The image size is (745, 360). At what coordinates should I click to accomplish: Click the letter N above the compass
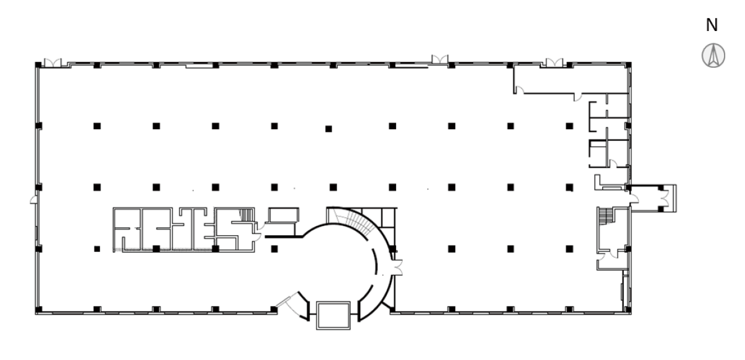711,25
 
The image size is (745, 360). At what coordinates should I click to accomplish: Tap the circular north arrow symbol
713,55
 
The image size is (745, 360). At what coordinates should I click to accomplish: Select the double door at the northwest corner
53,63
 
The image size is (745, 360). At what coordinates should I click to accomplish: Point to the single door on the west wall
34,199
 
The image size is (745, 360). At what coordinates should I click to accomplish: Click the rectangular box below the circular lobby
333,315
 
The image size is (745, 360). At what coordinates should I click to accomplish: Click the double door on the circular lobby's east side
397,268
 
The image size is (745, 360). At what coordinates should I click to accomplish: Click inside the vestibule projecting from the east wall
649,199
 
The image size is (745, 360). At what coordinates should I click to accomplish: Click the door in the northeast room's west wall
519,90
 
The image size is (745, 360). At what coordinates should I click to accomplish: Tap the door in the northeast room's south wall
578,97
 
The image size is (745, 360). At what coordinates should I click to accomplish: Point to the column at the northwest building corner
38,65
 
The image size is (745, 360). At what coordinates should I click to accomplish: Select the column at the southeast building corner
628,310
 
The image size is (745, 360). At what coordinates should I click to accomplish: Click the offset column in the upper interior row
328,129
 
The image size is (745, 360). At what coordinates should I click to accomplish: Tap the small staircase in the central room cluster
246,215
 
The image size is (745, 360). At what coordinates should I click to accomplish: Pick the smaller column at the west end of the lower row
97,249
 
